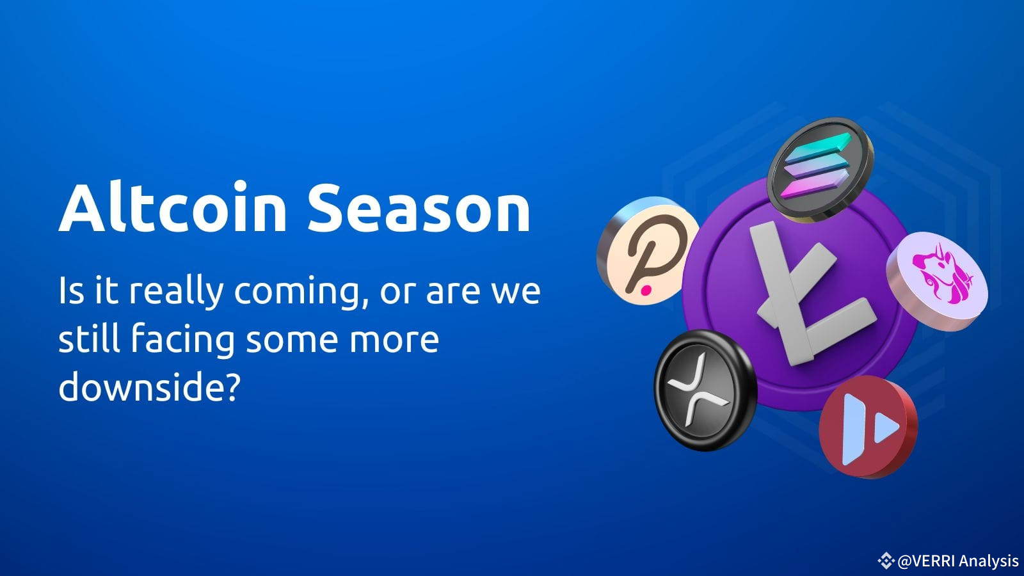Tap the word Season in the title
point(419,209)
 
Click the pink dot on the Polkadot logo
point(646,291)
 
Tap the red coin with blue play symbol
point(867,427)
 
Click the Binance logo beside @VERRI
point(886,561)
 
